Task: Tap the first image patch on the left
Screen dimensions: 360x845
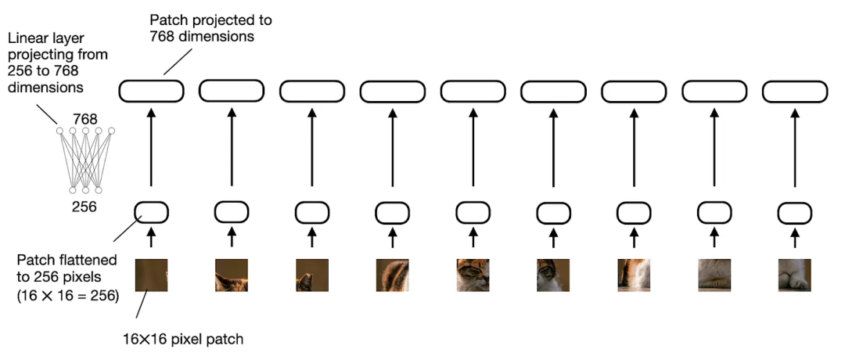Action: (151, 275)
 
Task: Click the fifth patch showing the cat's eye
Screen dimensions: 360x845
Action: (473, 275)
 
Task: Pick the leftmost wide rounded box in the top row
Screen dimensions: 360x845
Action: (151, 91)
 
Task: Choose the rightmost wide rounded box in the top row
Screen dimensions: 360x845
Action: (794, 91)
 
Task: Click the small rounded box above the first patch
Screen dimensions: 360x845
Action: (151, 211)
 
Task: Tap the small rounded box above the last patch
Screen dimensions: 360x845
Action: (794, 212)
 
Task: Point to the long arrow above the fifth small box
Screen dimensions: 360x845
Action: (473, 149)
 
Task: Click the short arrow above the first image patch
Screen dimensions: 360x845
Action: (151, 238)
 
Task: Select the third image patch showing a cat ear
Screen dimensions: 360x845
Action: (311, 275)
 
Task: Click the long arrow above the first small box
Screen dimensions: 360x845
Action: (151, 149)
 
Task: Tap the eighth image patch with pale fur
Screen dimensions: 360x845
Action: (714, 275)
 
